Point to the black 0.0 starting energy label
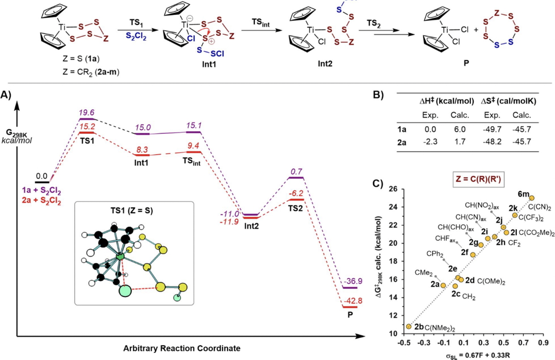point(42,175)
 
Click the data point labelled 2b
point(408,326)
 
